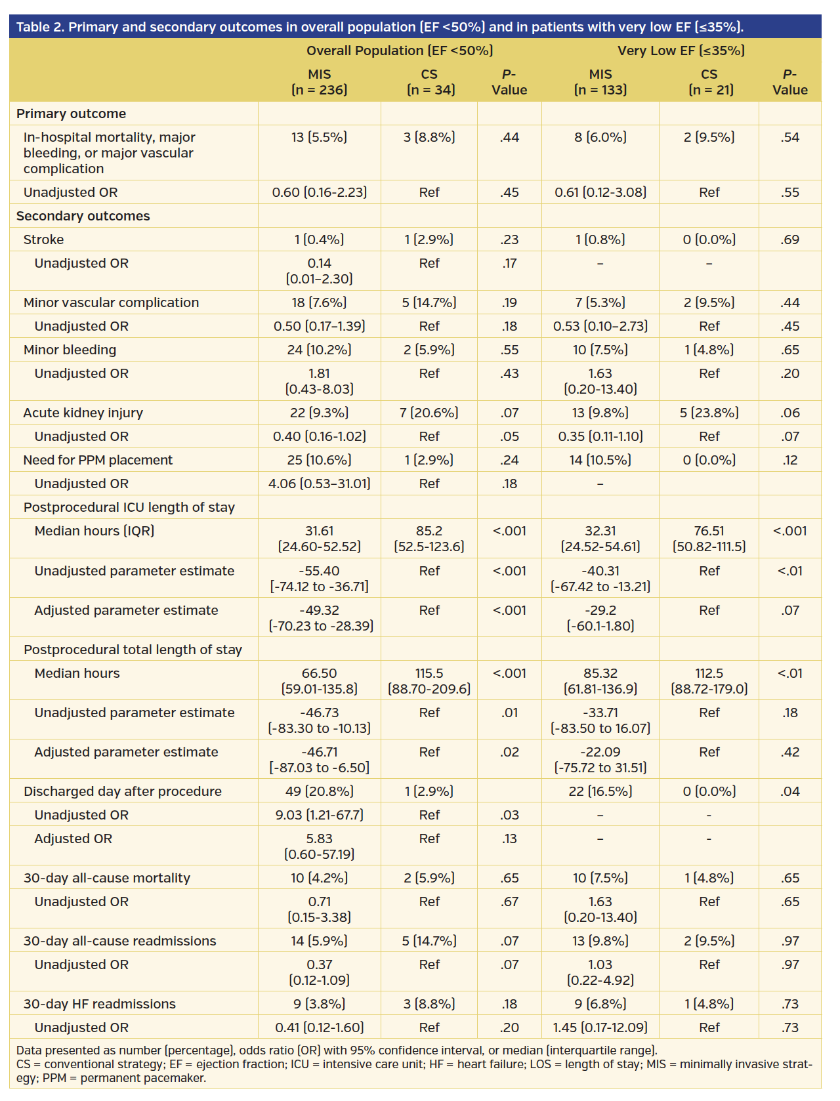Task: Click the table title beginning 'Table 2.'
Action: pos(379,27)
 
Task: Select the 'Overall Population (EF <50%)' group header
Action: pos(400,51)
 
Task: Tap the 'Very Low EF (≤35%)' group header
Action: pos(681,51)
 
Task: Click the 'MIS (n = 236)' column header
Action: pos(319,82)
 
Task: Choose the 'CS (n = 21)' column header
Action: pos(709,82)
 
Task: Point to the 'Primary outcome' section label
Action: pos(71,114)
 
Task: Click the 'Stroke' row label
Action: pos(43,239)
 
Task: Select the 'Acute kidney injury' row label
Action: pos(83,413)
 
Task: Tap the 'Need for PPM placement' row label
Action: pos(98,460)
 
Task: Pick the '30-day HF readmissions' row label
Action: pos(99,1004)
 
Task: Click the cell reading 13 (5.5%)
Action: pos(319,137)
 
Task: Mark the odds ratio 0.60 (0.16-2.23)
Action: pos(319,192)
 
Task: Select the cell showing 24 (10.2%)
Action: pos(319,350)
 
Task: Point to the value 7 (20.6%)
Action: pos(429,413)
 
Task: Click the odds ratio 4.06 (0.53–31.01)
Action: pos(319,484)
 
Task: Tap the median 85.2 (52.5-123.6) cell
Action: pos(429,539)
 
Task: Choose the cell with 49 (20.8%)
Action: pos(319,791)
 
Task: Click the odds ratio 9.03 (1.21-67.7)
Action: pos(319,815)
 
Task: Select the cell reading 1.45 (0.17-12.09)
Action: pos(600,1028)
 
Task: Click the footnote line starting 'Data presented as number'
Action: pos(336,1050)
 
